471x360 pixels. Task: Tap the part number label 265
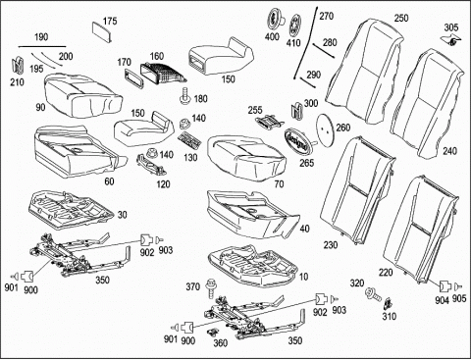click(x=306, y=163)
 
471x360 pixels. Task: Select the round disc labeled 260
click(x=325, y=130)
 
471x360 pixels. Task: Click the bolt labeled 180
click(x=185, y=95)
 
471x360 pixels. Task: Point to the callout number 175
click(x=110, y=22)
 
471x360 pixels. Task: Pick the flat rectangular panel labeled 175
click(x=102, y=32)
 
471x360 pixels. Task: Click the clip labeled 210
click(x=18, y=65)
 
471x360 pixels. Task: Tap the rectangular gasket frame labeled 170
click(x=133, y=78)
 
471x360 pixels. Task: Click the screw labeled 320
click(x=373, y=293)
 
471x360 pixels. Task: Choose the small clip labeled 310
click(x=389, y=304)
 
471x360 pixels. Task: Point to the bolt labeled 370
click(x=210, y=288)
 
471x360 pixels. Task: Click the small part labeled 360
click(x=213, y=333)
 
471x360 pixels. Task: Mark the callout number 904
click(x=442, y=300)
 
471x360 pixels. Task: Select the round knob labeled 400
click(x=274, y=19)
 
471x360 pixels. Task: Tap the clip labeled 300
click(x=297, y=110)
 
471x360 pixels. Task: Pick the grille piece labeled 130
click(x=189, y=140)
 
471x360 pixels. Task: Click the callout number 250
click(x=401, y=18)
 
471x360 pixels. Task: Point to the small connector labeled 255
click(x=270, y=122)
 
